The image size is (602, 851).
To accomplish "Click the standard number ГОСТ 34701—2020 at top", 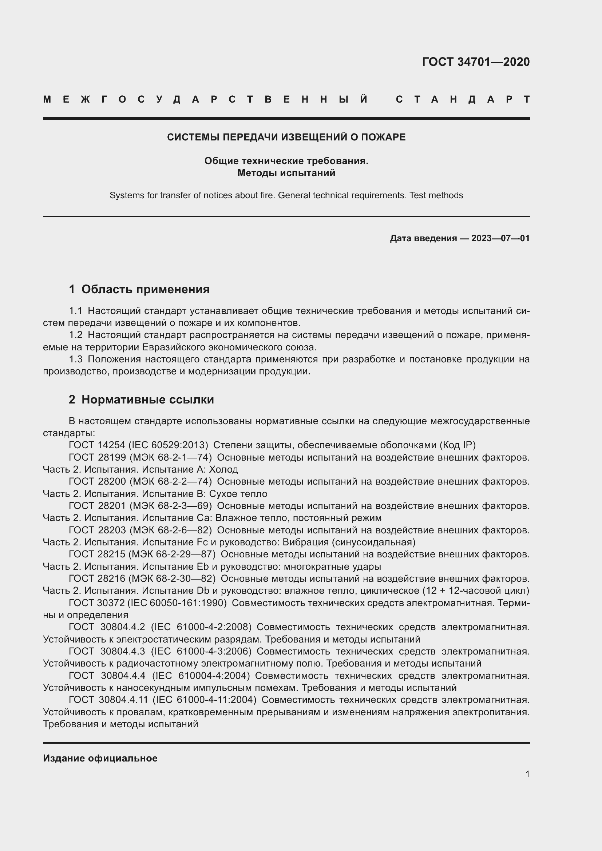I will click(x=476, y=61).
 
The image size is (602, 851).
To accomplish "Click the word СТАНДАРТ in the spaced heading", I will click(x=463, y=99).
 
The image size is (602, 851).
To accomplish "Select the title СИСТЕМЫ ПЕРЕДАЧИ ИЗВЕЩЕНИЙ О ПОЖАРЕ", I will click(x=286, y=137).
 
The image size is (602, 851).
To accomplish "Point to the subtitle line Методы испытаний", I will click(x=286, y=173).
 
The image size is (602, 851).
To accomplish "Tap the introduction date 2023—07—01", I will click(x=500, y=238).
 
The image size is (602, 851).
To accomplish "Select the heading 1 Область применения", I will click(x=139, y=290).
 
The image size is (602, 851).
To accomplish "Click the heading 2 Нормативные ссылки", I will click(x=141, y=399).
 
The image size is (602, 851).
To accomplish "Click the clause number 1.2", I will click(x=76, y=335).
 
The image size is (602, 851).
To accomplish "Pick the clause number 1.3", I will click(x=76, y=359).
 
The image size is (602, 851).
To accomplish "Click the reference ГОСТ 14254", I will click(x=97, y=445).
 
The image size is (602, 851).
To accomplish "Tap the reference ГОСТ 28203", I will click(x=97, y=530).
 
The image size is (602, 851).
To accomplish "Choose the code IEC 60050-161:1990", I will click(x=177, y=603).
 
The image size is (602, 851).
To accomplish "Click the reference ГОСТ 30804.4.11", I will click(x=108, y=700).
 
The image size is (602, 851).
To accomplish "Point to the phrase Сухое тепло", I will click(x=238, y=494).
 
